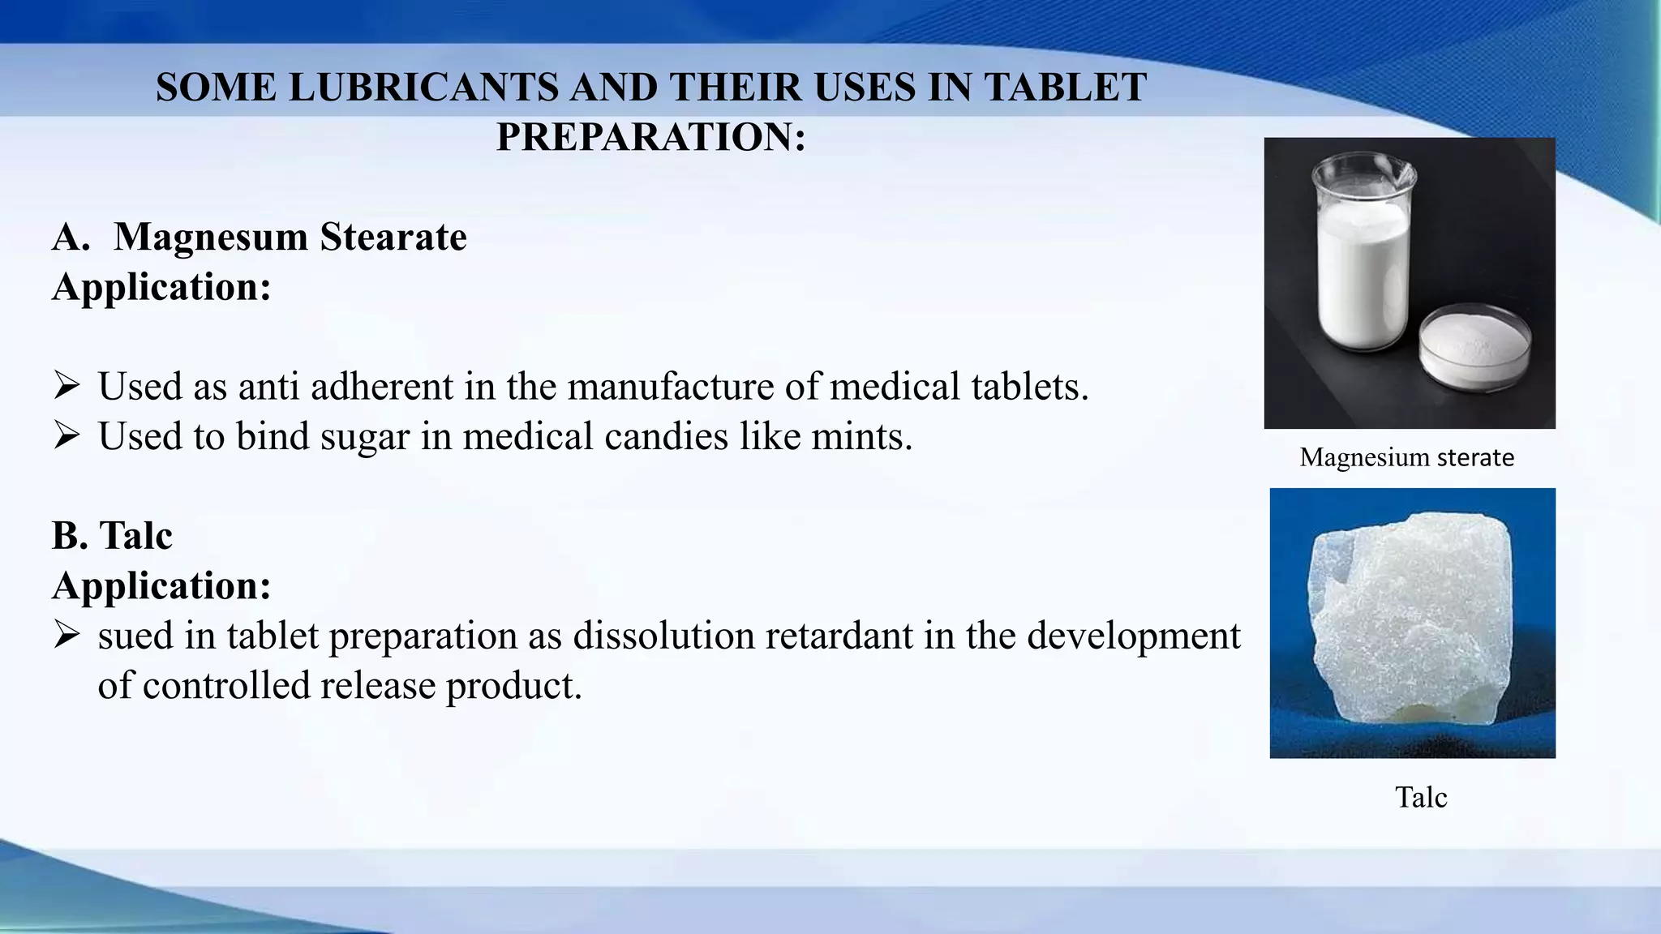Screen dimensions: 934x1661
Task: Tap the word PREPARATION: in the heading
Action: point(651,136)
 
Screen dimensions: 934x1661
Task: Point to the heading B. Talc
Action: point(112,536)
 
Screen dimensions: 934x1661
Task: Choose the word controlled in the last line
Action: point(226,686)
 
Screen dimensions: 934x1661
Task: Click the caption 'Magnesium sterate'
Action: point(1406,457)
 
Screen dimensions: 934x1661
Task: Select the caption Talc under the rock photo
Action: point(1421,797)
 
